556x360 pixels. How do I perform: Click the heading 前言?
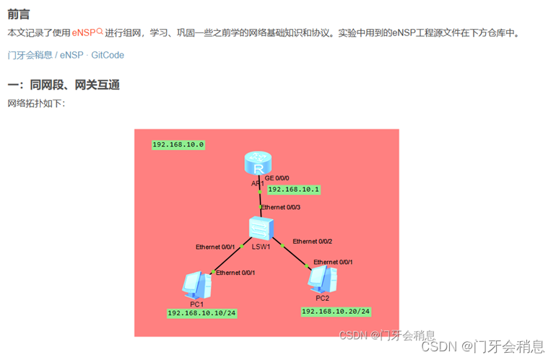19,14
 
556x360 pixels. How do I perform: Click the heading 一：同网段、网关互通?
64,85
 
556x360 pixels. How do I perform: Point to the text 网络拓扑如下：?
36,103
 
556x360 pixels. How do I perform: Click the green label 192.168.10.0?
178,144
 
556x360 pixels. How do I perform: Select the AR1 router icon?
258,165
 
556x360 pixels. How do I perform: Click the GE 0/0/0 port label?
277,177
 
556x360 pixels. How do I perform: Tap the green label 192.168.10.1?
293,190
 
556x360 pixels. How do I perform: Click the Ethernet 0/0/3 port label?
280,207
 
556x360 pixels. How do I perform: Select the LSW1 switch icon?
260,229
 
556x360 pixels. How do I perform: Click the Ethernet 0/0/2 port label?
312,241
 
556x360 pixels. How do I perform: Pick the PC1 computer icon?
197,285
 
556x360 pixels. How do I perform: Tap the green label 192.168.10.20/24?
336,311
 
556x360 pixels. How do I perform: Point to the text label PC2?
322,297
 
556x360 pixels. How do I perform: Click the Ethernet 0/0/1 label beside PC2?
333,262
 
